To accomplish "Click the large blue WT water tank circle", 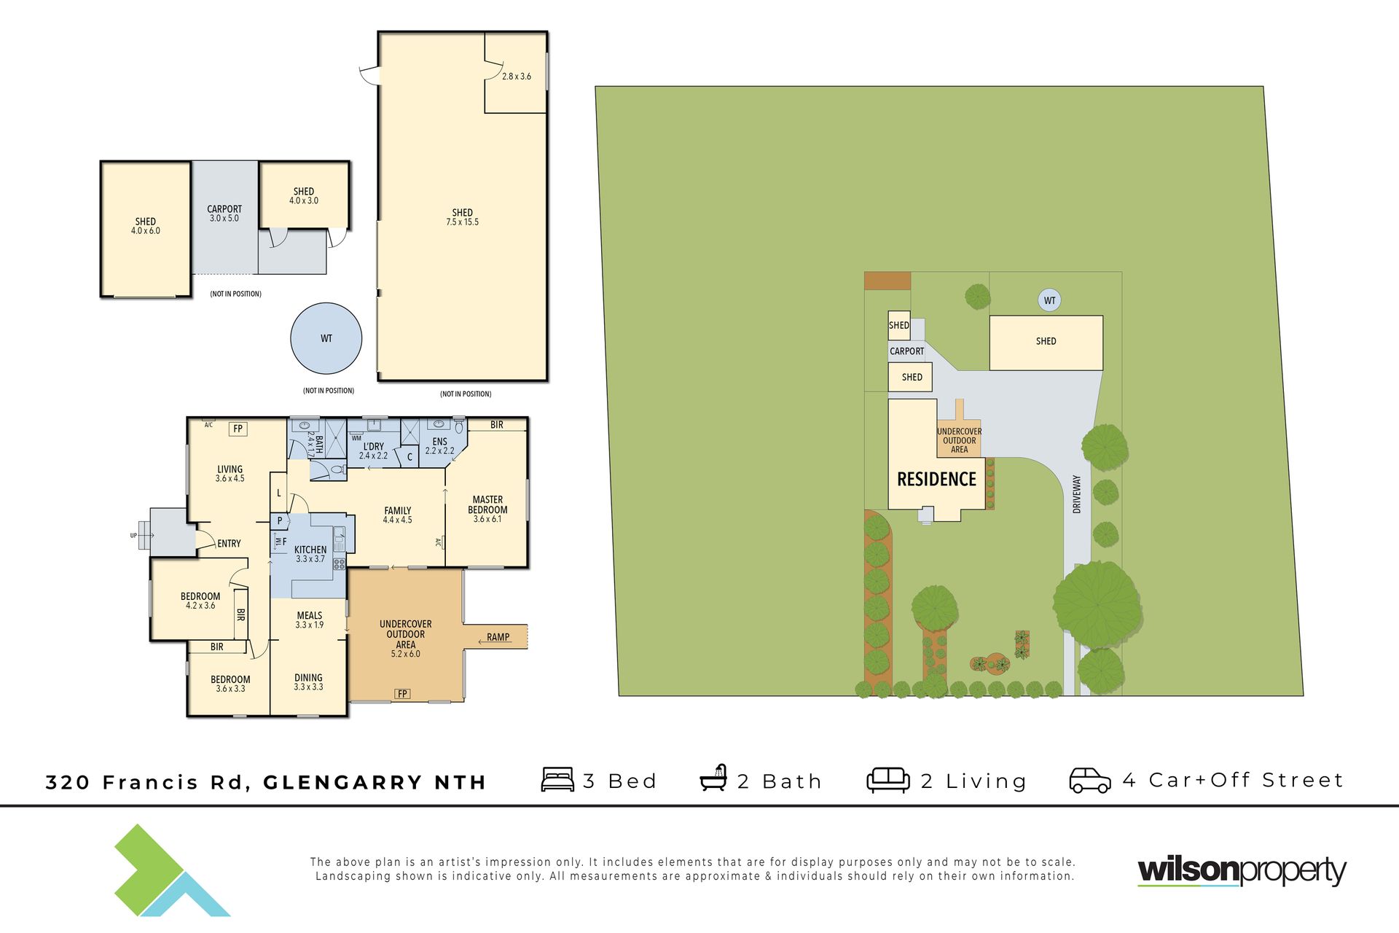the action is pos(326,338).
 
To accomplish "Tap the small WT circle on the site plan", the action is pos(1049,300).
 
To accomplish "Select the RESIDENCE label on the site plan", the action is pos(936,479).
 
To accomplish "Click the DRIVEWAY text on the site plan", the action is pos(1077,494).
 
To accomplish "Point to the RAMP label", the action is pos(498,637).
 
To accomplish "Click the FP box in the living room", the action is pos(238,429).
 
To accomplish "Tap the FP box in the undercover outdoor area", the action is pos(402,694).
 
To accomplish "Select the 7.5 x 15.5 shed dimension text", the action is pos(463,222).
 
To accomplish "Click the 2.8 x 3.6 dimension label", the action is pos(517,77).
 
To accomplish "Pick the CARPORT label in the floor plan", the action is pos(224,209).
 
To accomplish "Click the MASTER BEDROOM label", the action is pos(487,505).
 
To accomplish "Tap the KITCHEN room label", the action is pos(310,550).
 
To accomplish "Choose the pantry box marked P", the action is pos(280,521).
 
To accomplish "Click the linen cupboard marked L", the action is pos(278,493).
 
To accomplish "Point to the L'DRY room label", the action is pos(373,447).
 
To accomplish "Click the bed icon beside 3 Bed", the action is pos(557,779).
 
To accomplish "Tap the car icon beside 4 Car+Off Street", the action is pos(1090,780).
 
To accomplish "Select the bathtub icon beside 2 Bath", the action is pos(713,778).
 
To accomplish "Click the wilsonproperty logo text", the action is pos(1242,870).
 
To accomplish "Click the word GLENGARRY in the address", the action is pos(342,783).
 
